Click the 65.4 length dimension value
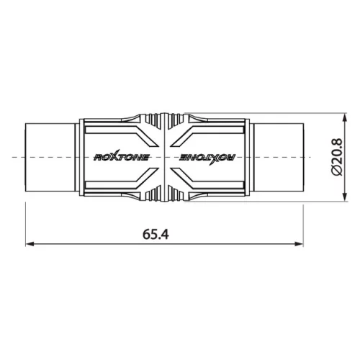point(156,234)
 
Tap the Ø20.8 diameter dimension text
point(336,157)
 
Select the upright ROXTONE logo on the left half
point(122,157)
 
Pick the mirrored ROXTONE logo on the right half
point(208,157)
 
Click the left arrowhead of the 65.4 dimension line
point(30,244)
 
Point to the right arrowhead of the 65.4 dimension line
point(300,244)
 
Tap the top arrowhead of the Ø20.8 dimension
point(345,117)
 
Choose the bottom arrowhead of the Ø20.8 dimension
point(345,197)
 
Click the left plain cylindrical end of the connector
point(50,157)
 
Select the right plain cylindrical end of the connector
point(279,157)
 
